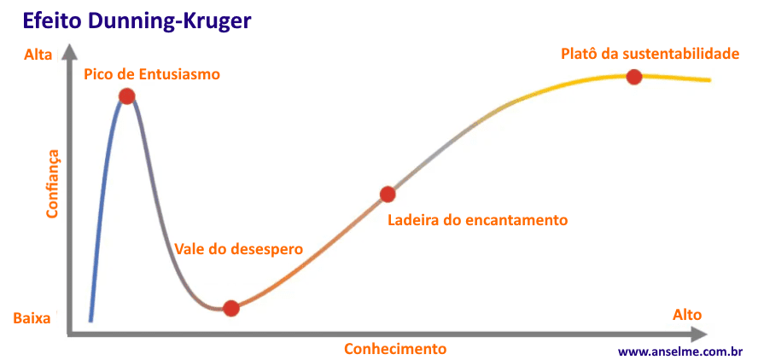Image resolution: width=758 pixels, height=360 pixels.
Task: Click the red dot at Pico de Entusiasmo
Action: tap(126, 96)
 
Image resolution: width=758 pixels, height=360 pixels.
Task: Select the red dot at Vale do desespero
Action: tap(230, 308)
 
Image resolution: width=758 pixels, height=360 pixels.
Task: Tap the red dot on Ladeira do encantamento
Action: tap(388, 194)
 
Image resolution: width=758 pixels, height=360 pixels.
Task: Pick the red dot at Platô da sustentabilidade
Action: tap(633, 77)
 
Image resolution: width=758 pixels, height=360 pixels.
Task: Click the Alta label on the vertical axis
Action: tap(38, 55)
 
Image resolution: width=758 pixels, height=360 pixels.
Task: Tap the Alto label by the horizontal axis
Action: tap(687, 315)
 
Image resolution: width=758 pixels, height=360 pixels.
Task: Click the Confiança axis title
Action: tap(53, 183)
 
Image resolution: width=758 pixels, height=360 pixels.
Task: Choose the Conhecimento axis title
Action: tap(395, 348)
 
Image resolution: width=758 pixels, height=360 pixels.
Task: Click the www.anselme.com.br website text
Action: tap(679, 351)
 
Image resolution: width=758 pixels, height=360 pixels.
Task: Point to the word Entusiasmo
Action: tap(179, 74)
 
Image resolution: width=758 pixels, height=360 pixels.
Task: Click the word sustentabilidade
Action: tap(680, 54)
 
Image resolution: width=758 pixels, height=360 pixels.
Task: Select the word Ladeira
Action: tap(413, 219)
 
